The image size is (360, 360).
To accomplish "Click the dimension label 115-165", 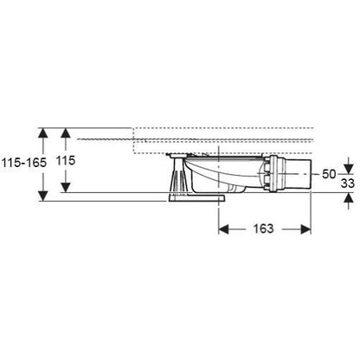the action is point(24,163).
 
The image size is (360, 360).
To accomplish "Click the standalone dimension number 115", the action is point(66,160).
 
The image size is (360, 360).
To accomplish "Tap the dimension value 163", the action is point(263,228).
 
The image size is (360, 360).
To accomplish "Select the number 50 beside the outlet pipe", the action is point(329,174).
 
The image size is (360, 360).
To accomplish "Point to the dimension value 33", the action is point(348,183).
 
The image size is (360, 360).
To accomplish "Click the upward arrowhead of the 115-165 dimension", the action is point(43,132).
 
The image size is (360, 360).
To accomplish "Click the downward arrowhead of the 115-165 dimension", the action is point(43,196).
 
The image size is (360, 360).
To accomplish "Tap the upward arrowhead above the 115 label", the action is point(66,132).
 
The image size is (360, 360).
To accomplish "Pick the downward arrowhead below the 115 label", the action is point(66,187).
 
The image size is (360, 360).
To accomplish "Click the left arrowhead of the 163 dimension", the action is point(223,229).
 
